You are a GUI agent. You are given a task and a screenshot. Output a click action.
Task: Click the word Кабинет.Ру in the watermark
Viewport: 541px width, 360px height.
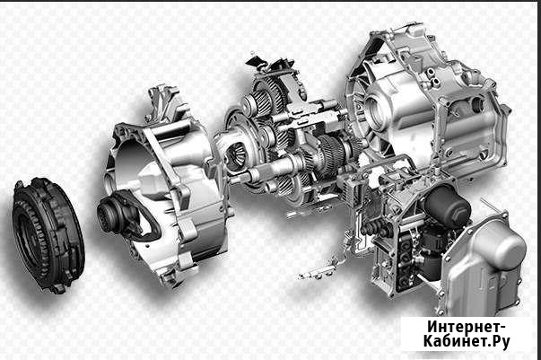(467, 342)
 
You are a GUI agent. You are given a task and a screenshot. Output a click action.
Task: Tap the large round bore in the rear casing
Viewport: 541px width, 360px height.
(375, 110)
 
